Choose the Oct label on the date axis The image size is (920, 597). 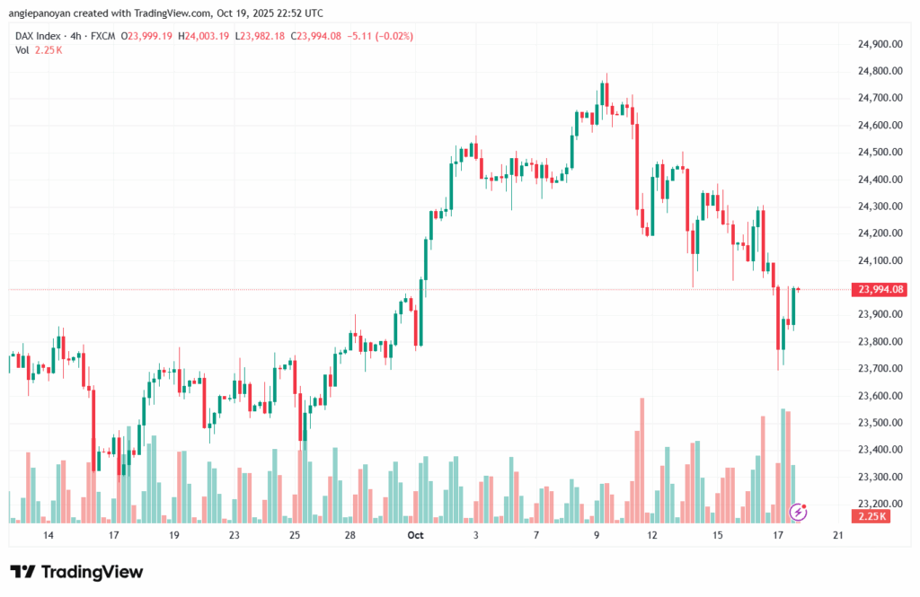coord(415,535)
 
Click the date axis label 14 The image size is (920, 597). coord(48,535)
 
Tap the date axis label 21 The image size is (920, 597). coord(837,535)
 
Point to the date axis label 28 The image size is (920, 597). coord(350,535)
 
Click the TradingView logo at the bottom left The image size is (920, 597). coord(77,572)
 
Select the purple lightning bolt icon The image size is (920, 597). coord(798,512)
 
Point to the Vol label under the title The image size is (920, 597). coord(22,49)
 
